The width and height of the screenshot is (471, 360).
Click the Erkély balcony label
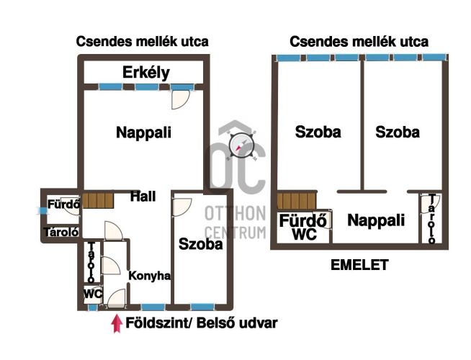click(146, 73)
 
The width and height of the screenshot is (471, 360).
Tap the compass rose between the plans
click(241, 145)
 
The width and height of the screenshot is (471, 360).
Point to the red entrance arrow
click(117, 323)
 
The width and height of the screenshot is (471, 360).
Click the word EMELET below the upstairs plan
click(359, 265)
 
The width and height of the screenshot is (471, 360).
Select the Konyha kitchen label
click(149, 276)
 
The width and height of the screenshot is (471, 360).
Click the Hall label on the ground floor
click(143, 197)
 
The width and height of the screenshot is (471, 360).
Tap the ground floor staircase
click(98, 201)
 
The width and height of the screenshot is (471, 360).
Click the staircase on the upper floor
click(297, 201)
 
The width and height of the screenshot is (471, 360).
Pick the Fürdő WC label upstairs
click(302, 227)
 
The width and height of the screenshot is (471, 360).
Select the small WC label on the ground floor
click(93, 294)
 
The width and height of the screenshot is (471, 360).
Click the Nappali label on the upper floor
click(376, 220)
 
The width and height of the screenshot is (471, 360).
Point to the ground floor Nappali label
click(143, 132)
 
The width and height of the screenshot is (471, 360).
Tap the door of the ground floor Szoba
click(182, 207)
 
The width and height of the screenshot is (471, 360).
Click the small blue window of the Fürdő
click(43, 210)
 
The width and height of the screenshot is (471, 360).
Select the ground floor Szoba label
click(201, 244)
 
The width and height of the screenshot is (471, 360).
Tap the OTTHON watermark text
click(235, 213)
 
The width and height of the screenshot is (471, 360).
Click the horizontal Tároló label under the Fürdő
click(61, 232)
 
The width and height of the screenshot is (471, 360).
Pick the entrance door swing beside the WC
click(116, 299)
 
